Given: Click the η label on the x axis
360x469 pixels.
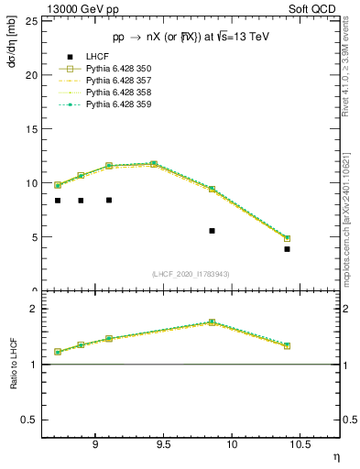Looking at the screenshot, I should click(x=335, y=457).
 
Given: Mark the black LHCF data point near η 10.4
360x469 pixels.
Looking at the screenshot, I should click(x=287, y=249).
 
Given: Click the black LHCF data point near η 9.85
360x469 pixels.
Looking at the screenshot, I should click(x=213, y=231).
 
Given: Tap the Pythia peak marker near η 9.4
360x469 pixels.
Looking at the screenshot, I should click(x=154, y=164).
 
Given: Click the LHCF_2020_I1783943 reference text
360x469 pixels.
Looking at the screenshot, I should click(x=191, y=274).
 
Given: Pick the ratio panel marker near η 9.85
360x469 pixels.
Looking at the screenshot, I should click(x=213, y=322).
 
